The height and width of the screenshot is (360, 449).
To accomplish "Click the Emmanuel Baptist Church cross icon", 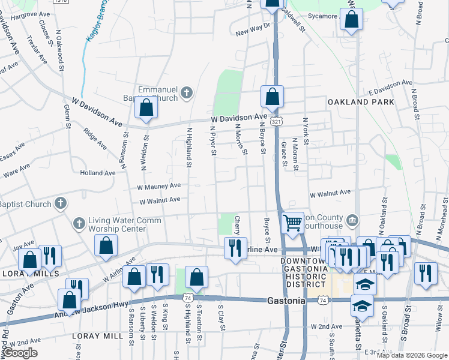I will (186, 92).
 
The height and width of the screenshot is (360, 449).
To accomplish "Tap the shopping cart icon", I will (292, 223).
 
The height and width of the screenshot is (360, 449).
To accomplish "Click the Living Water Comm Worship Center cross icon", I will (78, 224).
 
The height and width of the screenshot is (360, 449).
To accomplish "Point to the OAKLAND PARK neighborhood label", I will (361, 102).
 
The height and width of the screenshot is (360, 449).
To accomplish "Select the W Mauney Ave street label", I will (158, 187).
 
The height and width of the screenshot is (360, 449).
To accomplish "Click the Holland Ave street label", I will (97, 173).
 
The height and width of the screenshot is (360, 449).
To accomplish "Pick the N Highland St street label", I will (189, 146).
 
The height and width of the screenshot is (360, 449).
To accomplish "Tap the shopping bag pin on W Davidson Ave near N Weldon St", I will (146, 108).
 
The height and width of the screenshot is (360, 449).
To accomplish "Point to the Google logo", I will (19, 353).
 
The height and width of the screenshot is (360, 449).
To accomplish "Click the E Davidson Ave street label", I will (390, 86).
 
